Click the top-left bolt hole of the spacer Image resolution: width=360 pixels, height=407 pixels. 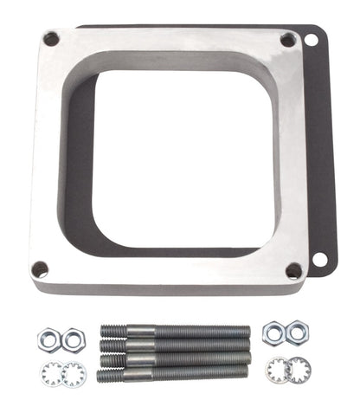(51, 39)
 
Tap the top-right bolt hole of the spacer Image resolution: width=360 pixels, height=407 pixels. (287, 40)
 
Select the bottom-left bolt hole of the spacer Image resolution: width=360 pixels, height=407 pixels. (39, 268)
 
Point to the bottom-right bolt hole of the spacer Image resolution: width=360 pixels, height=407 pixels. (293, 270)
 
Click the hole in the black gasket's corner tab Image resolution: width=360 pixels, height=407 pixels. (319, 258)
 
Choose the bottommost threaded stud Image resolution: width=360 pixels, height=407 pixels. (172, 374)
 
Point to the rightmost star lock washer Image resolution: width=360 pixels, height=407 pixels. (300, 371)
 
